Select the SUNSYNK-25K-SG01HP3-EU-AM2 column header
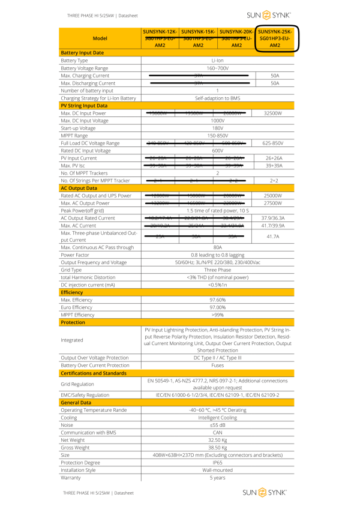coord(275,38)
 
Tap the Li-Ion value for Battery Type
coord(217,61)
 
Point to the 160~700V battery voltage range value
coord(217,68)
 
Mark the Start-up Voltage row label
coord(78,128)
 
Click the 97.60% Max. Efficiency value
coord(217,300)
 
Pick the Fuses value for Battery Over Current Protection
coord(217,365)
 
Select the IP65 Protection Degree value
coord(217,463)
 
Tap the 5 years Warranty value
coord(217,478)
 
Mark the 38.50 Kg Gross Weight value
coord(217,448)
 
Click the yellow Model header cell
coord(100,38)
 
